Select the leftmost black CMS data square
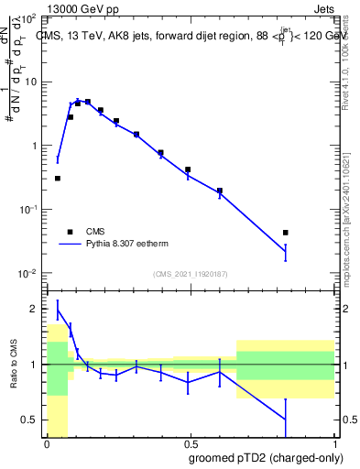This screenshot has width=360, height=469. pos(58,179)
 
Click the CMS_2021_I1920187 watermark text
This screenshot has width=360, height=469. pos(190,274)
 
